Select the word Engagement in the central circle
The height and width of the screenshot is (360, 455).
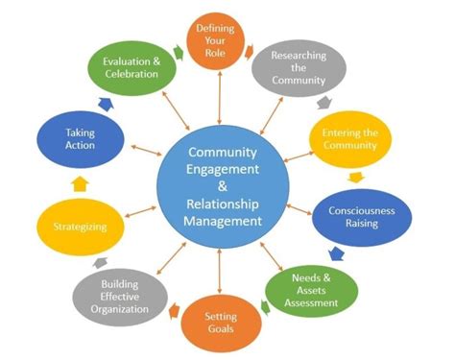click(x=223, y=167)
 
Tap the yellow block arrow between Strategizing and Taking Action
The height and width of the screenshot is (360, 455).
click(x=80, y=182)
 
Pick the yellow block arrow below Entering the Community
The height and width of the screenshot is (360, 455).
click(x=355, y=177)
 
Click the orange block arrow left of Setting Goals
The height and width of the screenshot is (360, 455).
click(x=176, y=312)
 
